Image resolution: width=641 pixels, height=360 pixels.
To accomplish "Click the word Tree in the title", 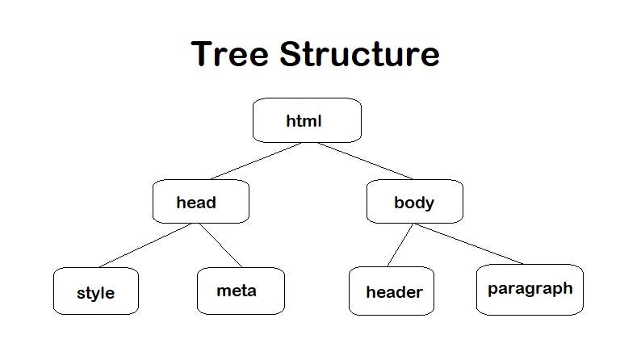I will point(231,54).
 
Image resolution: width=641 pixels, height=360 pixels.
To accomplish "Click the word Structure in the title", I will point(360,54).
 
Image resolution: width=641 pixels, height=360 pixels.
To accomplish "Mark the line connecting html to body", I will point(365,161).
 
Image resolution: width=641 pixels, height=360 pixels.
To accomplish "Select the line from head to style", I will point(145,245).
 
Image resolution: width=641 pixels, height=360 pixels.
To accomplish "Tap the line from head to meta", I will point(221,245).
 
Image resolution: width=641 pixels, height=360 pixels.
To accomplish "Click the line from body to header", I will point(400,245).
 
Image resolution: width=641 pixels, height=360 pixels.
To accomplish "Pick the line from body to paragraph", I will point(468,244).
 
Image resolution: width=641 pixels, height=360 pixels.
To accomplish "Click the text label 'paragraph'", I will point(530,288).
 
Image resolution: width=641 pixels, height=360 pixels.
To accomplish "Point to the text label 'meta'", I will point(237,290).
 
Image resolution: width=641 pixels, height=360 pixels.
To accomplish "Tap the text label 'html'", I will point(304,121).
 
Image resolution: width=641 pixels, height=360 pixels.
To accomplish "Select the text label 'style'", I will point(95,293).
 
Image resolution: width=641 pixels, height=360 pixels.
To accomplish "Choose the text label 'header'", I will point(394,292).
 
